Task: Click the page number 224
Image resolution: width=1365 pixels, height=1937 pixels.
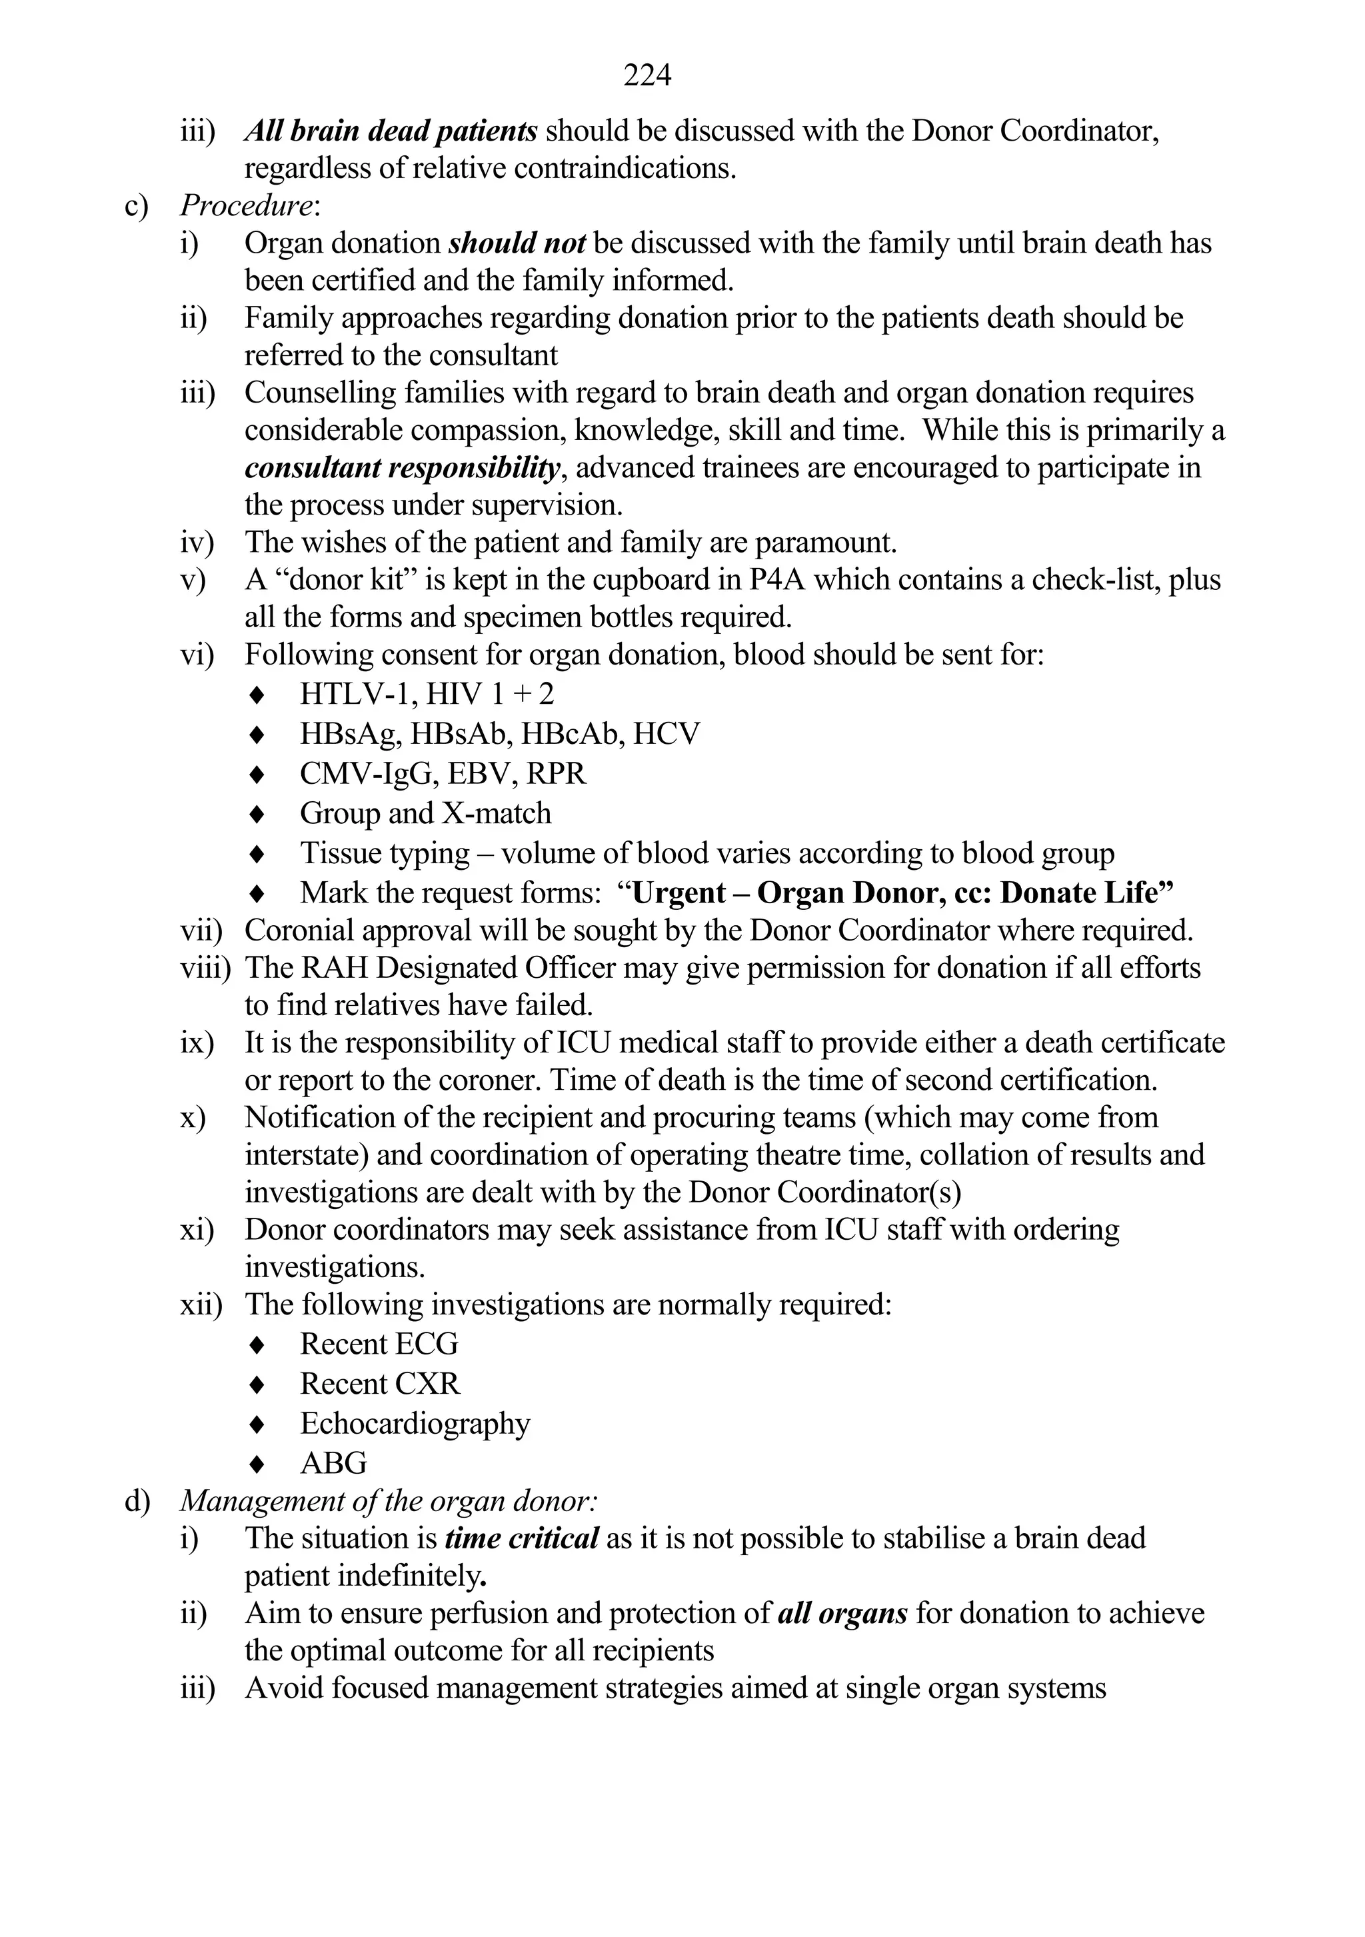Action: (647, 76)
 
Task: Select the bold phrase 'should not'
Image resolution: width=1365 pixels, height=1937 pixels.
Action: (517, 244)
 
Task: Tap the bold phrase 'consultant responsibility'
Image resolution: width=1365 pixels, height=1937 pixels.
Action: (402, 468)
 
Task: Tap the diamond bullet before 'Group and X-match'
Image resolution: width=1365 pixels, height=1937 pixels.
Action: (258, 814)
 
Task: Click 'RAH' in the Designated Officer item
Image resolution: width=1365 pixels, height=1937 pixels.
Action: (336, 968)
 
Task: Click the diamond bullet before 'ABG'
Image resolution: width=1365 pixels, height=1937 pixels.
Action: (258, 1464)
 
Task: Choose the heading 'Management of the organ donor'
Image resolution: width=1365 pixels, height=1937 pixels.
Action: (388, 1502)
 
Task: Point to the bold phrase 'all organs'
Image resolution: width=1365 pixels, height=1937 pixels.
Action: (842, 1614)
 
